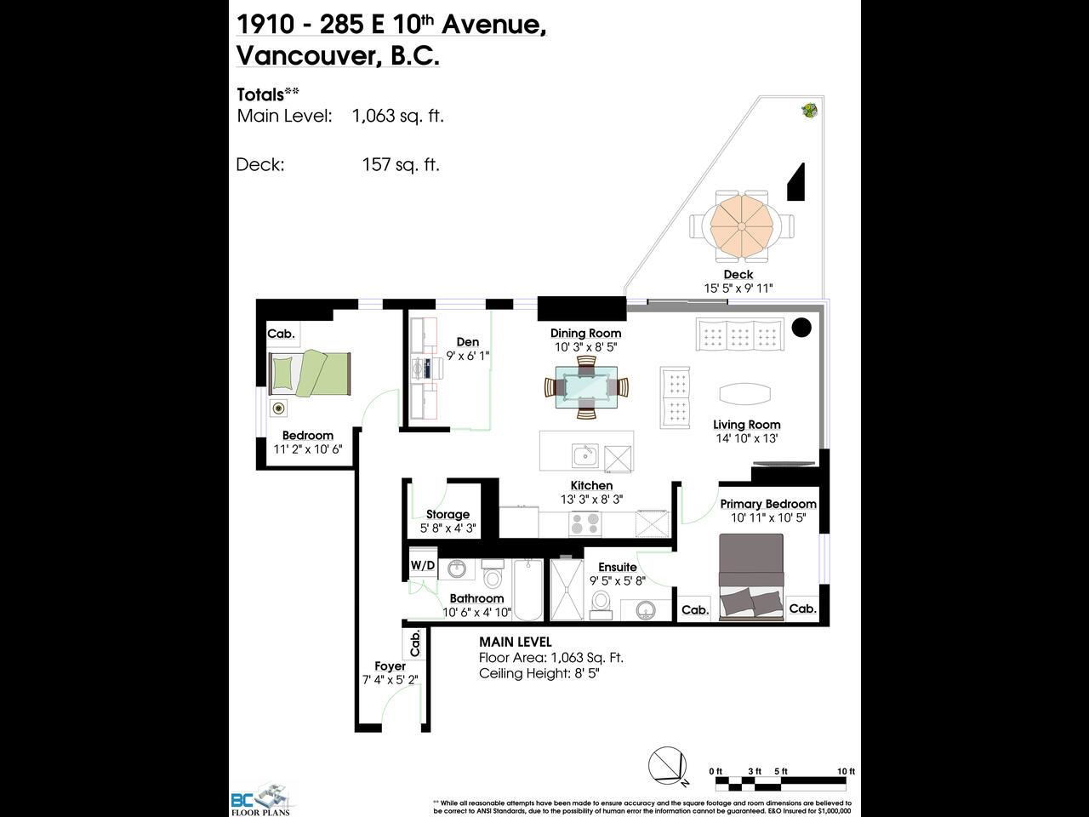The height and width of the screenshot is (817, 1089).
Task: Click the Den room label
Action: click(x=468, y=342)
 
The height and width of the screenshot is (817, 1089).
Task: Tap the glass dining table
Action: click(x=586, y=387)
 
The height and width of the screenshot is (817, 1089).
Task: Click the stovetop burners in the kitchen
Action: click(x=585, y=524)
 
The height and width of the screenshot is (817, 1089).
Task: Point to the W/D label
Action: click(x=423, y=565)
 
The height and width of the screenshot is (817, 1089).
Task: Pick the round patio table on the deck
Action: click(x=742, y=226)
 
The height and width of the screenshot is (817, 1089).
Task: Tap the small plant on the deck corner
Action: click(x=810, y=110)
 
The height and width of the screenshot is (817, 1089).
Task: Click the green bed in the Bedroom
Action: click(x=310, y=373)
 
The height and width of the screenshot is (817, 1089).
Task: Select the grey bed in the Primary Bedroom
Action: click(x=751, y=577)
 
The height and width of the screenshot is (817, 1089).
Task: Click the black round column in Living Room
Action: click(x=801, y=328)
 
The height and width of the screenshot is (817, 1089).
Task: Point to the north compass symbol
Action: click(x=669, y=766)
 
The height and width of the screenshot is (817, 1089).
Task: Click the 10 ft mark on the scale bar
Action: click(x=846, y=771)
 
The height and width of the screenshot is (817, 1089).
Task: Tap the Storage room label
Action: click(x=448, y=514)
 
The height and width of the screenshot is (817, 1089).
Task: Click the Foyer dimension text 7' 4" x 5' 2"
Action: click(x=391, y=680)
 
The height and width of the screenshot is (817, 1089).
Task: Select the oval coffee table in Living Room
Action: click(x=745, y=394)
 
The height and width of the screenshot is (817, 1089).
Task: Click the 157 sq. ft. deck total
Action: click(x=401, y=165)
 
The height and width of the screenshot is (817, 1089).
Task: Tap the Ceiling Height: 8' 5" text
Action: click(x=539, y=674)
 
